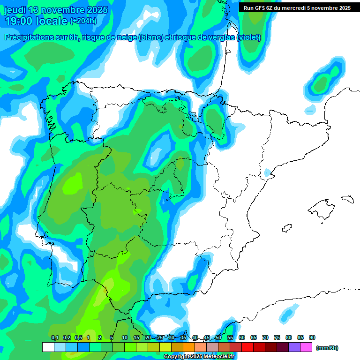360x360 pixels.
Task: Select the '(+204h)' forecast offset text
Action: coord(83,21)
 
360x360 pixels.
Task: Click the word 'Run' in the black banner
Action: coord(249,8)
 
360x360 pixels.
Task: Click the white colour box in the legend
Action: coord(48,347)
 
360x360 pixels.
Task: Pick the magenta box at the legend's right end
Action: coord(306,347)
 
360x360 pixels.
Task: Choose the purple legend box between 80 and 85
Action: coord(294,347)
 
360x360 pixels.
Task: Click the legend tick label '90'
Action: coord(312,337)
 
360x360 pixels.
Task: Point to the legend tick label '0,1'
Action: coord(54,337)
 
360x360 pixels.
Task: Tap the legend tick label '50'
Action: coord(218,337)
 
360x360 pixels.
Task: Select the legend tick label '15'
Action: coord(136,337)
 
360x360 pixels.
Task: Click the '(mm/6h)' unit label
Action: coord(327,348)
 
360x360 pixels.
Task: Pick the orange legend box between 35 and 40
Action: coord(189,347)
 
